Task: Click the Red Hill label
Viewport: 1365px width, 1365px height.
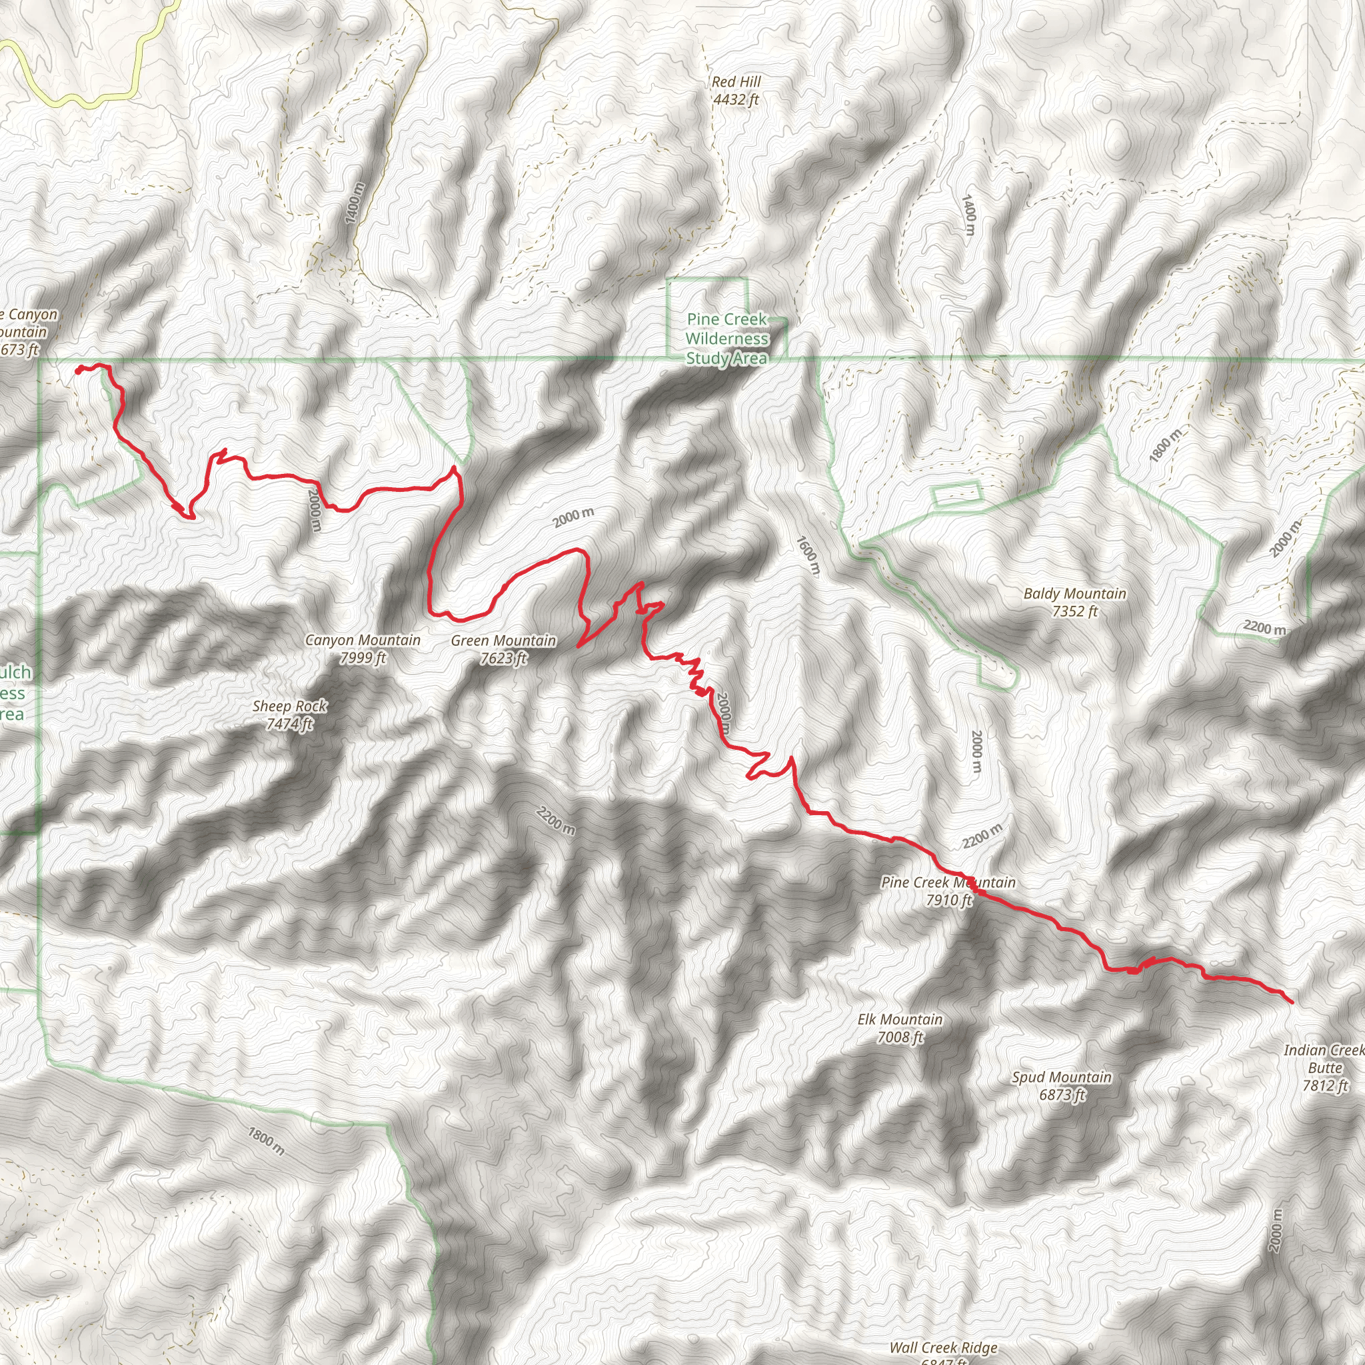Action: coord(736,82)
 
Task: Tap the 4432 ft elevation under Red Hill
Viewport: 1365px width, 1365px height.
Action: coord(736,99)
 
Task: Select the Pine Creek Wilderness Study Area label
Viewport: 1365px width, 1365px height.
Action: coord(727,339)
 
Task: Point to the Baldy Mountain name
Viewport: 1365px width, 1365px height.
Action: coord(1074,593)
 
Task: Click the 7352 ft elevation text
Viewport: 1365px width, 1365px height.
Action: coord(1074,611)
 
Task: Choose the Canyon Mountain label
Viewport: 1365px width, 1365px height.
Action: coord(363,640)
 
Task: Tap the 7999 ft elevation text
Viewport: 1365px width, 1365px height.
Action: coord(363,658)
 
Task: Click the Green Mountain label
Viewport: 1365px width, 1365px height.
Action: coord(503,641)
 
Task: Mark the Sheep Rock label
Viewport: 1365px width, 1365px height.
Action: coord(290,706)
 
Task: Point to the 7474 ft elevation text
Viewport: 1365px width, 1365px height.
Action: coord(290,724)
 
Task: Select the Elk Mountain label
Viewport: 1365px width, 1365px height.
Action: coord(900,1020)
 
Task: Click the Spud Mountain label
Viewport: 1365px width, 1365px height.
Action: coord(1061,1078)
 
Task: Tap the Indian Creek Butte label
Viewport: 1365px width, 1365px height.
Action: coord(1325,1059)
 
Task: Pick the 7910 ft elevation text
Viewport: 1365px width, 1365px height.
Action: coord(949,900)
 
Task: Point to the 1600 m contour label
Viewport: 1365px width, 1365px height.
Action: coord(808,555)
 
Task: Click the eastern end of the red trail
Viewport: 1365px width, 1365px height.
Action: coord(1292,1002)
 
